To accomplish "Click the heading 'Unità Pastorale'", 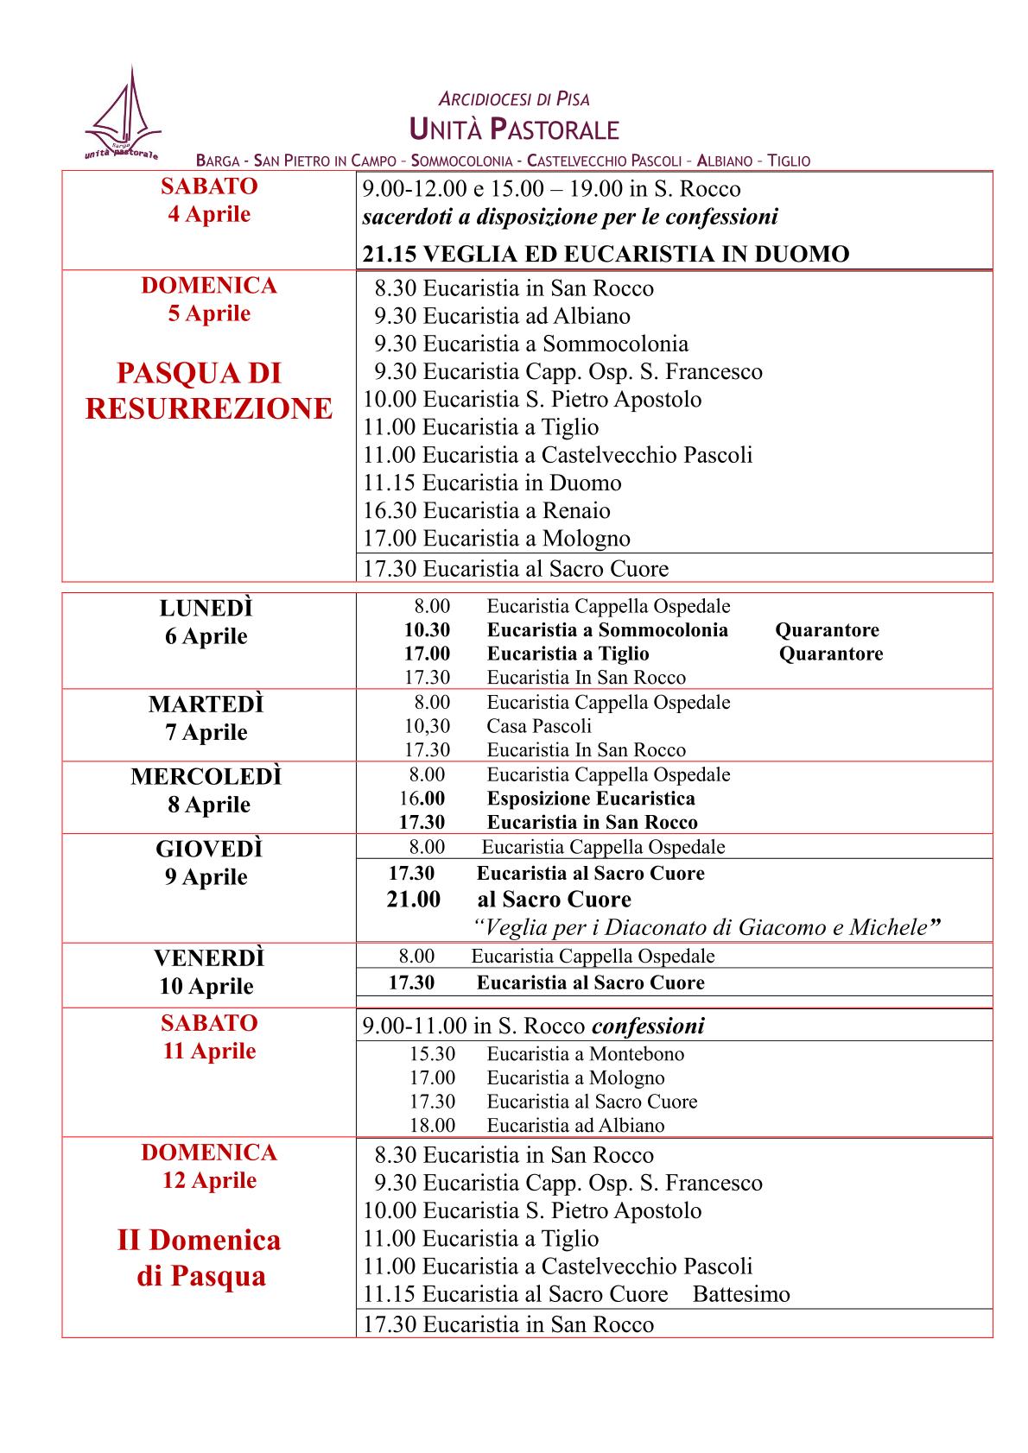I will click(514, 130).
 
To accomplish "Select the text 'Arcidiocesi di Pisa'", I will click(514, 99).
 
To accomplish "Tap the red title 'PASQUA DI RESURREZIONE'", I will click(209, 391).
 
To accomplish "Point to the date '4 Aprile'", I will click(209, 214).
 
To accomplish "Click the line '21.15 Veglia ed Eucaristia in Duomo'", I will click(606, 254).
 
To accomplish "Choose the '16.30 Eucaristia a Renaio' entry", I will click(486, 510).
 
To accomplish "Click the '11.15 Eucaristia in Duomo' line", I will click(492, 483).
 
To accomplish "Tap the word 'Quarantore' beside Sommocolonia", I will click(827, 630).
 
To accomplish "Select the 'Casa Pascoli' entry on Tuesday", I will click(539, 726).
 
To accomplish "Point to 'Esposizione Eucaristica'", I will click(591, 799).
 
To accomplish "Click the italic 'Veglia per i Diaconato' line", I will click(707, 928).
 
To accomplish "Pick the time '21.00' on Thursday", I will click(413, 900).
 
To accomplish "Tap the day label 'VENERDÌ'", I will click(209, 958).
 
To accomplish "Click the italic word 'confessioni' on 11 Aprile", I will click(648, 1027).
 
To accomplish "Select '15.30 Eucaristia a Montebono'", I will click(546, 1054).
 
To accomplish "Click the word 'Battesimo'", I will click(741, 1294).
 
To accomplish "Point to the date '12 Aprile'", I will click(209, 1180).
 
